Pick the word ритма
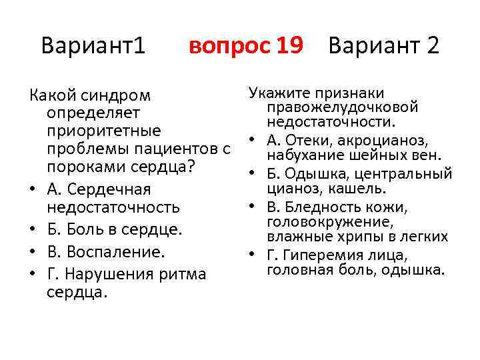[181, 274]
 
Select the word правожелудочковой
[342, 107]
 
